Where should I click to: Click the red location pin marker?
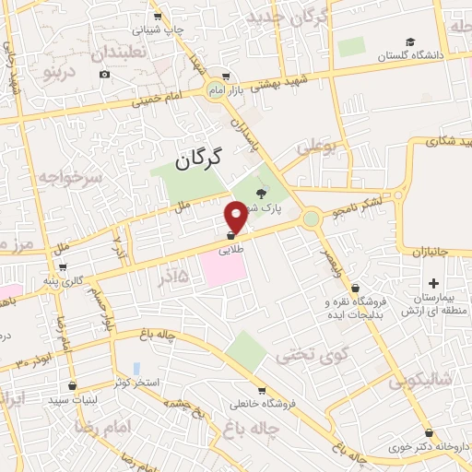236,216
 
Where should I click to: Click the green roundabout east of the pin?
312,218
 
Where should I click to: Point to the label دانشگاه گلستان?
412,55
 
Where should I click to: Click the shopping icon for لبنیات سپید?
72,386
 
